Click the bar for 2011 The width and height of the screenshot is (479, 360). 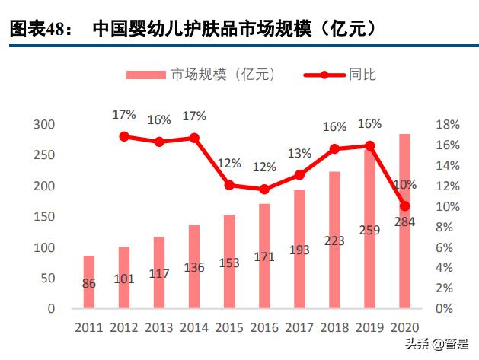(x=89, y=282)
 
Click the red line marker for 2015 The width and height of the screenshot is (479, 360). (x=229, y=185)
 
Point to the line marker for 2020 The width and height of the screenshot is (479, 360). (x=404, y=206)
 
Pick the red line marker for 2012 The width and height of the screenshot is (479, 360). (x=124, y=136)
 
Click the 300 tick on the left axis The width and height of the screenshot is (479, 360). (x=46, y=125)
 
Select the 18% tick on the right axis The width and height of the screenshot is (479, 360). (x=447, y=125)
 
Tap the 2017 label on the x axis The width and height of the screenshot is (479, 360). (x=299, y=327)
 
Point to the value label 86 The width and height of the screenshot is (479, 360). (x=89, y=284)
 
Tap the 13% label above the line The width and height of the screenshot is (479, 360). (x=299, y=154)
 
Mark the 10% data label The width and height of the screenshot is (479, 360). (x=404, y=185)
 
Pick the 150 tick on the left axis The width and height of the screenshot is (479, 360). (x=46, y=217)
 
